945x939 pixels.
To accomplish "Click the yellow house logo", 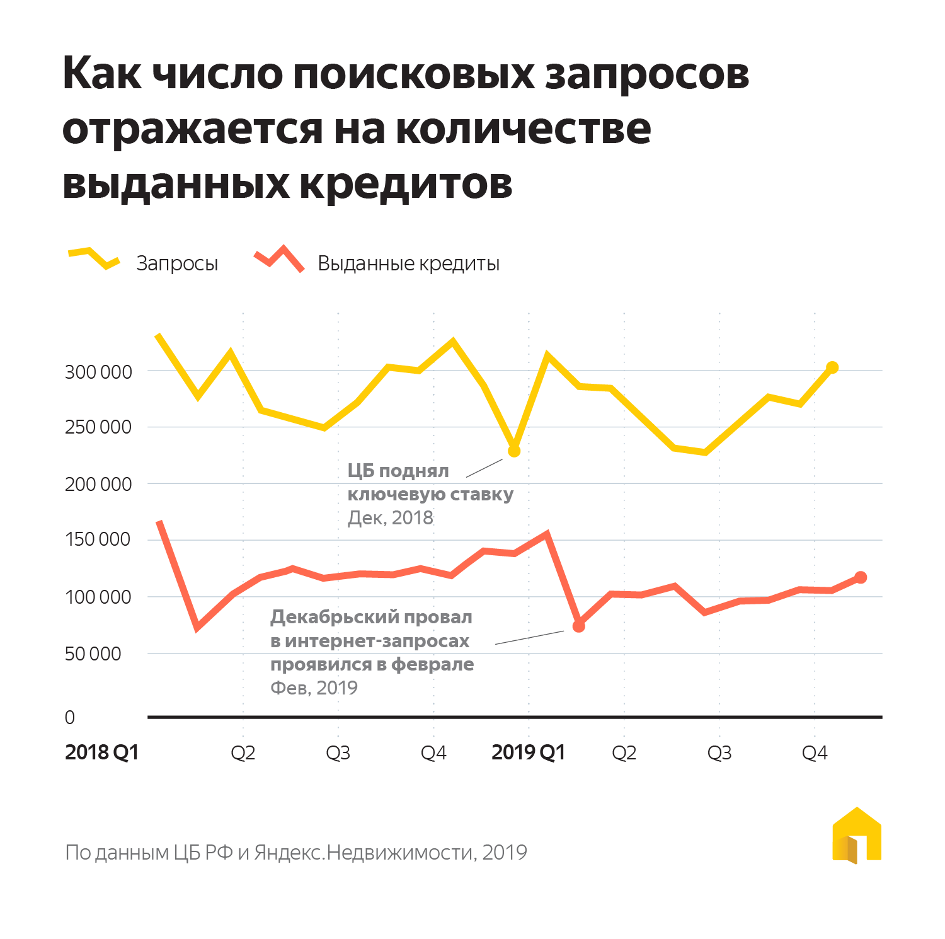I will pyautogui.click(x=857, y=836).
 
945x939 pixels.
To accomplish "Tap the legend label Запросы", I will pyautogui.click(x=177, y=263).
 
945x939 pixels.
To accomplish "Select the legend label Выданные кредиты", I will pyautogui.click(x=408, y=263).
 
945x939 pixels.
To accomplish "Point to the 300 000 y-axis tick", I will pyautogui.click(x=98, y=372).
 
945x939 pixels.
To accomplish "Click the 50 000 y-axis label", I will pyautogui.click(x=93, y=654).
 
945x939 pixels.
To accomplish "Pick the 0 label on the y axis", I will pyautogui.click(x=70, y=717).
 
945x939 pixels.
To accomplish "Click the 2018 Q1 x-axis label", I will pyautogui.click(x=101, y=752).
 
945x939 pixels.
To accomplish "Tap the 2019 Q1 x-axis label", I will pyautogui.click(x=528, y=752).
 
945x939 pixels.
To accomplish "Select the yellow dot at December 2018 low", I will pyautogui.click(x=514, y=451).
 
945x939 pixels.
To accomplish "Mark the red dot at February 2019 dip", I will pyautogui.click(x=578, y=626).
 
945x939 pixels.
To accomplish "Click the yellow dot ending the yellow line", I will pyautogui.click(x=832, y=367).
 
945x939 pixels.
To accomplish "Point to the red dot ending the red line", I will pyautogui.click(x=861, y=577).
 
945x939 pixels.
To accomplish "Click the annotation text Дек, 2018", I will pyautogui.click(x=390, y=518).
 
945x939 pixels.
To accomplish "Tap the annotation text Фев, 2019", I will pyautogui.click(x=314, y=688).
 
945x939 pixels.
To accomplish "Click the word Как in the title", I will pyautogui.click(x=102, y=74).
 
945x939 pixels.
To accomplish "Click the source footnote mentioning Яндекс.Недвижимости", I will pyautogui.click(x=296, y=853).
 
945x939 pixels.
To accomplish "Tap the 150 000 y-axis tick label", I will pyautogui.click(x=98, y=539).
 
